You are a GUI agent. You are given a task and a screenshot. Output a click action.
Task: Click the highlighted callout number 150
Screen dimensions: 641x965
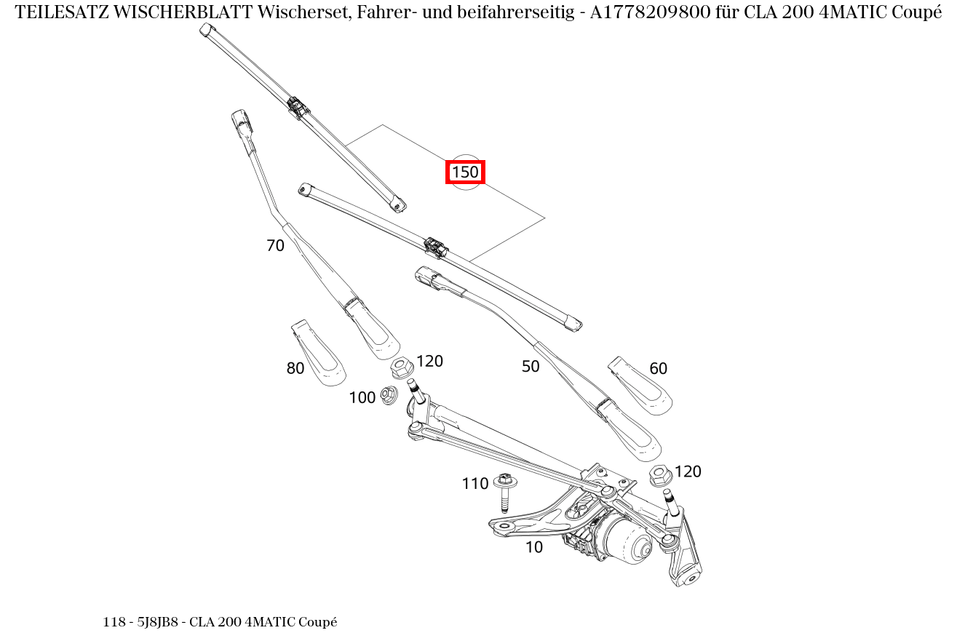pyautogui.click(x=465, y=172)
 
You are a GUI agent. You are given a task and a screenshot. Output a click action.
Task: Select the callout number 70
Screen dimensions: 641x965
pyautogui.click(x=275, y=246)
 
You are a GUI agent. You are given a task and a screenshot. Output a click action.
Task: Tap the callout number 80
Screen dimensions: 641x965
pyautogui.click(x=295, y=369)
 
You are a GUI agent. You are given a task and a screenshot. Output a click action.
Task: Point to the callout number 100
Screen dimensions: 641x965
pyautogui.click(x=362, y=397)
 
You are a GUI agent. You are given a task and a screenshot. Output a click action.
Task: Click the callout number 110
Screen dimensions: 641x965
pyautogui.click(x=474, y=484)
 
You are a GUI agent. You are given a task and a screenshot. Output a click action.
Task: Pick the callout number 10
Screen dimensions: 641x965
pyautogui.click(x=533, y=547)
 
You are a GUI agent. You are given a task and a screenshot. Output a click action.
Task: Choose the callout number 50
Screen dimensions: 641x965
pyautogui.click(x=531, y=367)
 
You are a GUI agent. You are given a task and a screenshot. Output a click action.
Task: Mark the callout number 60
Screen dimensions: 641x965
pyautogui.click(x=658, y=369)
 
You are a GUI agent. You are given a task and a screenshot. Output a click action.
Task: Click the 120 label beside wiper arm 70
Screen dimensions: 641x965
pyautogui.click(x=429, y=361)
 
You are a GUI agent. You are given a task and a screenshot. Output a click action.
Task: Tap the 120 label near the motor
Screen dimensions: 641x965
pyautogui.click(x=688, y=471)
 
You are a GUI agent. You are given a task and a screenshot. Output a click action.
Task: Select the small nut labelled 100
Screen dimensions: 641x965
pyautogui.click(x=389, y=396)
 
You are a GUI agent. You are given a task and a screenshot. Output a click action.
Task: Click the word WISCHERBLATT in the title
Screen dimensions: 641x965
pyautogui.click(x=172, y=12)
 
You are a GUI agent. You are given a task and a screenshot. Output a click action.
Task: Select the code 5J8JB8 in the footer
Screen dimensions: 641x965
pyautogui.click(x=157, y=622)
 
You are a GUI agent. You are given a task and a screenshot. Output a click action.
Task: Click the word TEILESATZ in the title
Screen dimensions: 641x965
pyautogui.click(x=62, y=12)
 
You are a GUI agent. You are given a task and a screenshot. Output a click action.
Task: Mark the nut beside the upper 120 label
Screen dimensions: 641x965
pyautogui.click(x=401, y=367)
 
